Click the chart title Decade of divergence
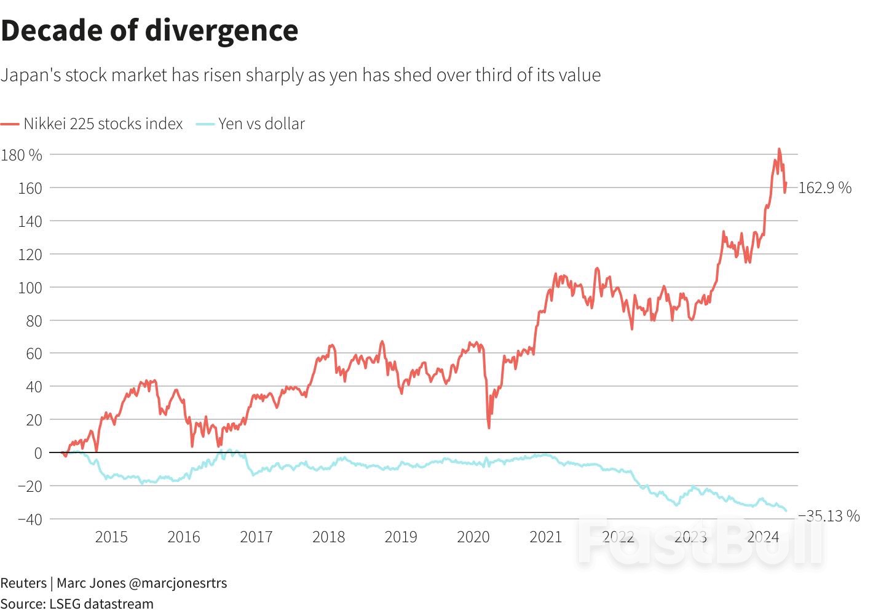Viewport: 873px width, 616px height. tap(149, 31)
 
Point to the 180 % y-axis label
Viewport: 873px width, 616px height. tap(22, 155)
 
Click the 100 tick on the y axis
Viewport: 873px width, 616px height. tap(30, 288)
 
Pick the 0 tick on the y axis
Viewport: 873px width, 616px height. tap(38, 453)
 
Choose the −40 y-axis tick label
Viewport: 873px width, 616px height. tap(30, 519)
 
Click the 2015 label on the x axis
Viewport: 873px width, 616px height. tap(111, 537)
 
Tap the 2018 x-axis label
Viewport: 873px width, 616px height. tap(328, 537)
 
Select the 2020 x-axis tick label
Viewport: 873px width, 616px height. tap(473, 537)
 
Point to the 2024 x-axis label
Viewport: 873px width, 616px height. tap(763, 537)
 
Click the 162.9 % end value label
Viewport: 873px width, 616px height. tap(824, 188)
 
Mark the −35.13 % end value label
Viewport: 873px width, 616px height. tap(828, 516)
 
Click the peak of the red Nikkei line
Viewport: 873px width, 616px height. tap(779, 149)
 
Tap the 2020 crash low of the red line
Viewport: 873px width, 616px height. tap(489, 427)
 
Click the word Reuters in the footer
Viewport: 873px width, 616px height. tap(23, 583)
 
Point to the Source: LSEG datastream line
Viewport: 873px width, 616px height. tap(77, 604)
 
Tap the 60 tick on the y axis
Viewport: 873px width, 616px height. tap(34, 353)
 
